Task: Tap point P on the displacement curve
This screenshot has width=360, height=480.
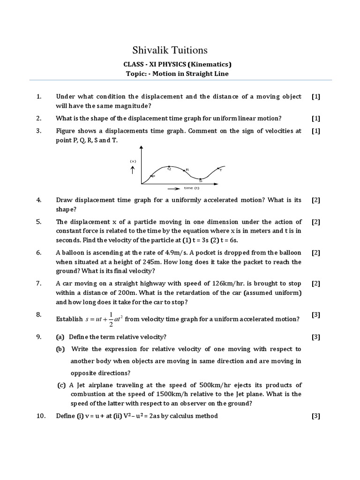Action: click(150, 176)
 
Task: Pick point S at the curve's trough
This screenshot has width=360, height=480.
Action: click(200, 179)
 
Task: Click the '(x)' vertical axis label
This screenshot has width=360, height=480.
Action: click(133, 161)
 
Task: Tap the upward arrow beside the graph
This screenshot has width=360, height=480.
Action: click(133, 170)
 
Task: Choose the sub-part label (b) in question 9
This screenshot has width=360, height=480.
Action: click(61, 349)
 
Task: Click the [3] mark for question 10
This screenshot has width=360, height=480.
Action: click(315, 416)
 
